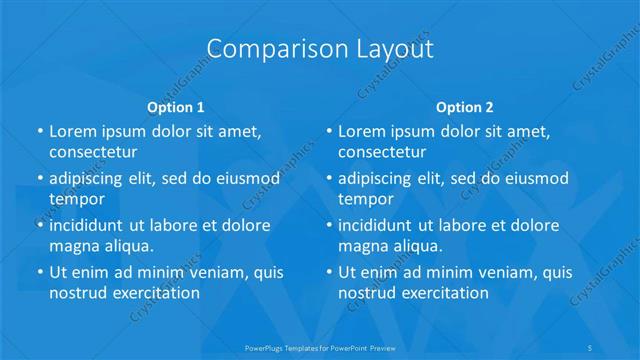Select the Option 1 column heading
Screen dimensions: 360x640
pos(176,107)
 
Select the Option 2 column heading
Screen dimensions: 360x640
pos(465,107)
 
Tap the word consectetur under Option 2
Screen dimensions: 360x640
pos(382,152)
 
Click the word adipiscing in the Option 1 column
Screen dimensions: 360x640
pos(89,179)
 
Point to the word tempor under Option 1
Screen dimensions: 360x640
pos(77,199)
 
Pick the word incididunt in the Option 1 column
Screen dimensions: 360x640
pos(90,225)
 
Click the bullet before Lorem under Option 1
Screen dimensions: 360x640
pos(40,132)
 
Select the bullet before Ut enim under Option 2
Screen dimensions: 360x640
pos(330,272)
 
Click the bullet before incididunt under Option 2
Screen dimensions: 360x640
pos(330,225)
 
